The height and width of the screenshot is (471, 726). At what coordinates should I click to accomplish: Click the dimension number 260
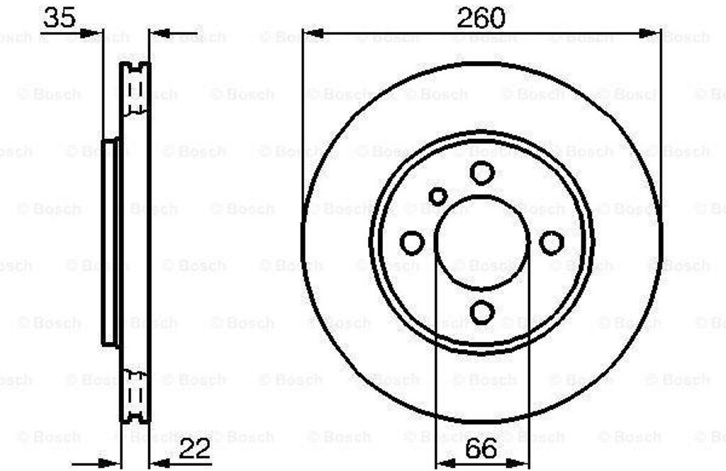pyautogui.click(x=481, y=18)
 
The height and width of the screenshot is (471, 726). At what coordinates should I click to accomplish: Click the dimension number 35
pyautogui.click(x=59, y=18)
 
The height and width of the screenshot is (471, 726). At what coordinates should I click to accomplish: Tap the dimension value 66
pyautogui.click(x=481, y=448)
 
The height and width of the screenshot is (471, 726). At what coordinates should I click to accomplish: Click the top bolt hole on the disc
pyautogui.click(x=482, y=173)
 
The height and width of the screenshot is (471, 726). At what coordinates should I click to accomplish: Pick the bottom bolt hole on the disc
pyautogui.click(x=482, y=311)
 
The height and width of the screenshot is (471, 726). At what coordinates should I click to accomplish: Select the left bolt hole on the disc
pyautogui.click(x=412, y=242)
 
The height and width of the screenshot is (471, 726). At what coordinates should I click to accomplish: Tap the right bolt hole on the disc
pyautogui.click(x=552, y=242)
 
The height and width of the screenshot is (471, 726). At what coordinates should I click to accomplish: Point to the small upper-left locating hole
pyautogui.click(x=437, y=196)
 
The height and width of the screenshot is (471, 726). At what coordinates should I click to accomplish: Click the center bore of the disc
pyautogui.click(x=482, y=243)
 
